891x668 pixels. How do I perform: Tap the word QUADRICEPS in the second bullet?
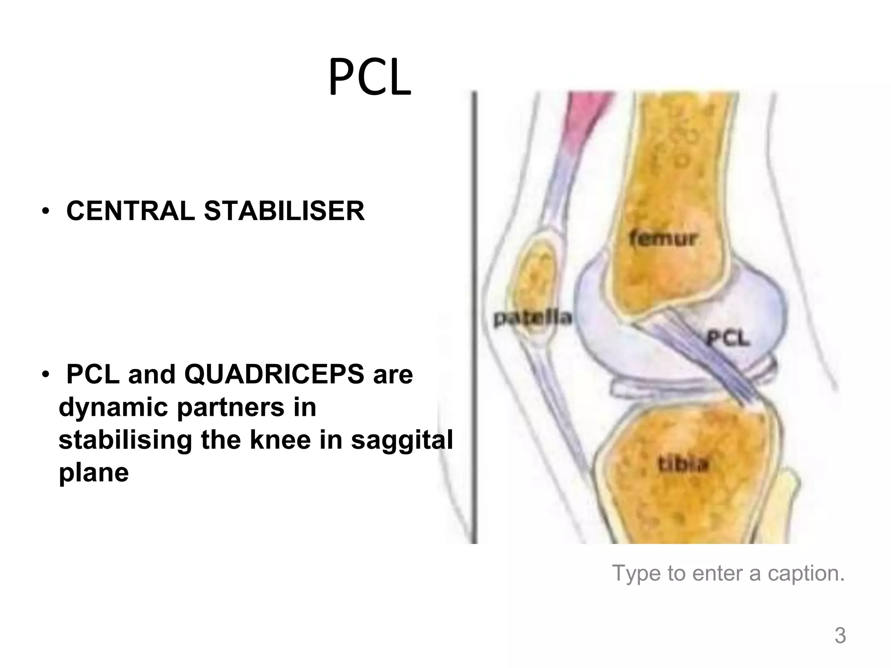coord(274,374)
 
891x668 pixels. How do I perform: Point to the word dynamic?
coord(113,407)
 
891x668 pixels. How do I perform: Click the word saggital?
coord(402,440)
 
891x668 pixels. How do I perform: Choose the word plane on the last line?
coord(94,472)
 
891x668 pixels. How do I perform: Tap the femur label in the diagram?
coord(663,238)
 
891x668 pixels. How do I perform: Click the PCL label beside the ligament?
coord(728,338)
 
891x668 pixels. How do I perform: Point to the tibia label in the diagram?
coord(683,464)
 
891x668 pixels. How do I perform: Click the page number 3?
coord(840,636)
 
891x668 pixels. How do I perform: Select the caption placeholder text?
coord(728,573)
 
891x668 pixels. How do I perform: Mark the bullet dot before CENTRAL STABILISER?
coord(45,212)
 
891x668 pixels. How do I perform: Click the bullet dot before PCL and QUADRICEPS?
coord(45,375)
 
